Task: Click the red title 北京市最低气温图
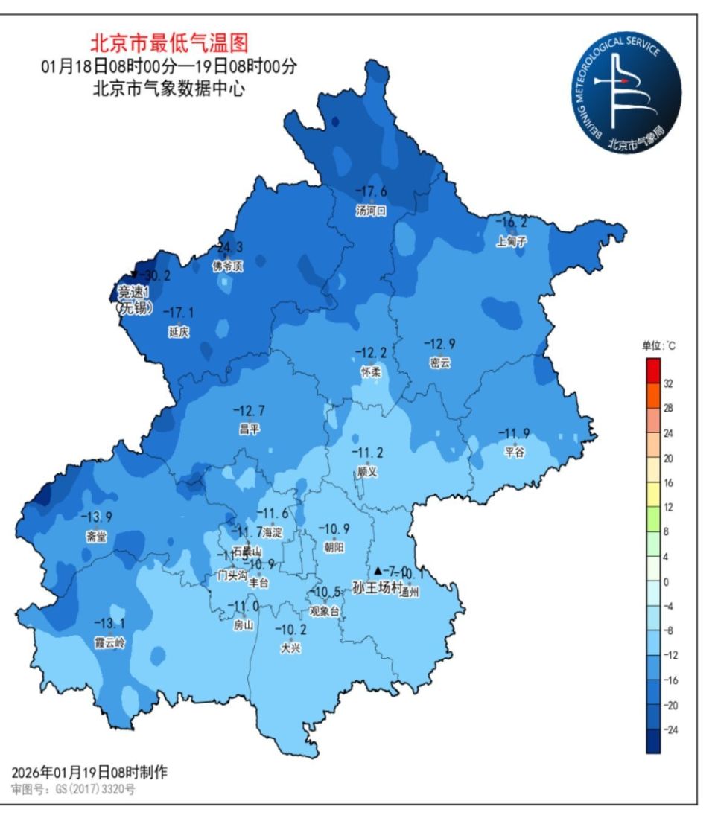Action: [169, 42]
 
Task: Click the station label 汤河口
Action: [371, 211]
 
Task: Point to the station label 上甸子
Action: [512, 241]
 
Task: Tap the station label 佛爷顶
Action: [227, 266]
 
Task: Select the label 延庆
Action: [179, 333]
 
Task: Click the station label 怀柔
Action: [370, 371]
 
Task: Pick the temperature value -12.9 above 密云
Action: [439, 344]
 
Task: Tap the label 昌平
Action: [249, 429]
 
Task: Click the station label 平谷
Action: [515, 452]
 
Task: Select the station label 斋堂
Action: [97, 536]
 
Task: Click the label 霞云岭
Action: [109, 643]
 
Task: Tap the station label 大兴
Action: [290, 648]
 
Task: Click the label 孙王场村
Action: [378, 588]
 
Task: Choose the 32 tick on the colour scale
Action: [668, 383]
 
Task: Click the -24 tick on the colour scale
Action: [670, 729]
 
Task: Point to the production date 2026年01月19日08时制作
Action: [89, 773]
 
